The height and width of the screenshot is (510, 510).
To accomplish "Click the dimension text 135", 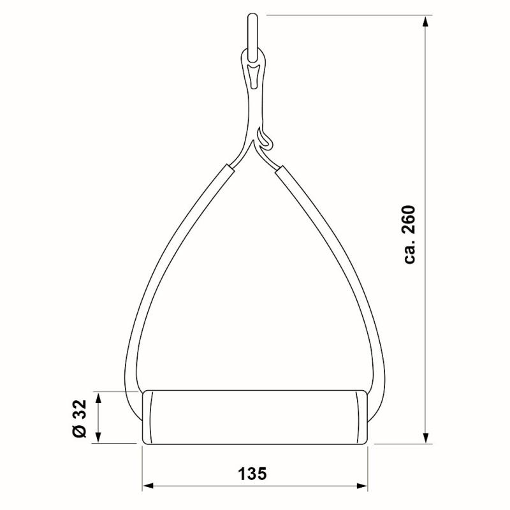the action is tap(252, 474).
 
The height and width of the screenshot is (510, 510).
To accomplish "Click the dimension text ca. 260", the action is tap(409, 234).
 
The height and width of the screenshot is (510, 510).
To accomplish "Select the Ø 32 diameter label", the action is tap(79, 418).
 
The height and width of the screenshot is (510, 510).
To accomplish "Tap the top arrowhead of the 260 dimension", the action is tap(425, 22).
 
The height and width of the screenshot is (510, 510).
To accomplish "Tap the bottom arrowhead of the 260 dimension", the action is tap(425, 437).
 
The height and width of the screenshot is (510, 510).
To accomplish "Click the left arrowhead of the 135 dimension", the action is tap(148, 486).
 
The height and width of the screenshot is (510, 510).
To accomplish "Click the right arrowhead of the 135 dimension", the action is tap(362, 486).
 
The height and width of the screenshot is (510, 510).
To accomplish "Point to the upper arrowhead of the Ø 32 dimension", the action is tap(99, 397).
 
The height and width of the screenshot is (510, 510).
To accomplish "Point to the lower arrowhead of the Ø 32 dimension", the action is tap(99, 437).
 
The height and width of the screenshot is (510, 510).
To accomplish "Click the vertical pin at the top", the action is tap(252, 37).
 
